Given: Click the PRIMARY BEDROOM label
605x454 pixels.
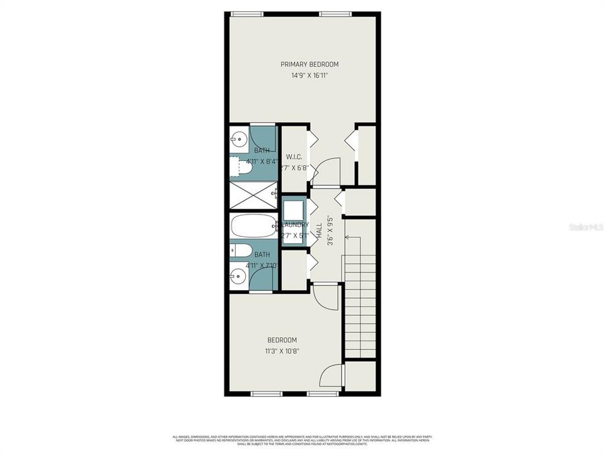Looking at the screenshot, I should pos(309,64).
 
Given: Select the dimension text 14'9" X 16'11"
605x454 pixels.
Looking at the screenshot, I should pos(309,76).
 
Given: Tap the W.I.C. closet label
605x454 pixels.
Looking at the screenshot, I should pos(294,156).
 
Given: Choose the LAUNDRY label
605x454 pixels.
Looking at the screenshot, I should pos(294,224).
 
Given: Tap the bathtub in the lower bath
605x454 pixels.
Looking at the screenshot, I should pos(252,226).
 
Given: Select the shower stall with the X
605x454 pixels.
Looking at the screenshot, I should pos(252,194).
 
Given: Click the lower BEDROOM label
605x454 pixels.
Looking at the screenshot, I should pos(282,340).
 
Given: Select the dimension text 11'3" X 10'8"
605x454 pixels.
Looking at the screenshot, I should pos(282,351).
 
